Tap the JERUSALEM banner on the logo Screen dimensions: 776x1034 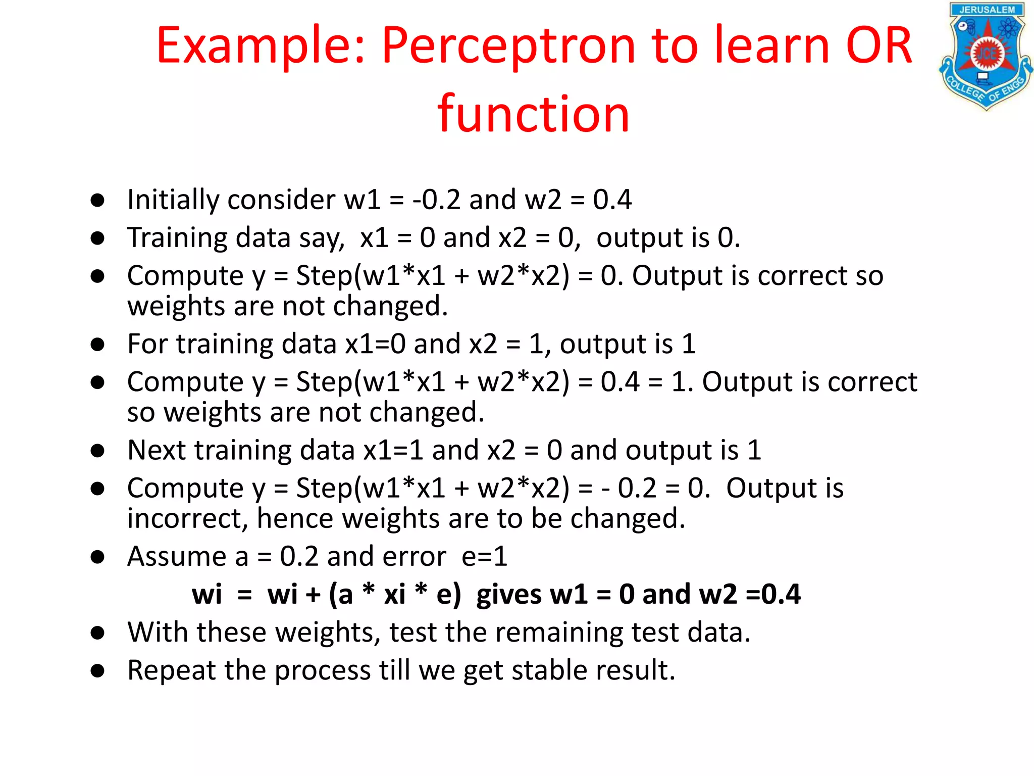[x=987, y=10]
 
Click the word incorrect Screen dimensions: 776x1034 [x=187, y=519]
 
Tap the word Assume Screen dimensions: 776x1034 [x=187, y=557]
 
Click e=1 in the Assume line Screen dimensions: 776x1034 [x=484, y=557]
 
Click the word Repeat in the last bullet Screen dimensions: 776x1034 [x=171, y=671]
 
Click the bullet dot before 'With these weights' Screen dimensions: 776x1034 [x=97, y=633]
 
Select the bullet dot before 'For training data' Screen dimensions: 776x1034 [x=97, y=345]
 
